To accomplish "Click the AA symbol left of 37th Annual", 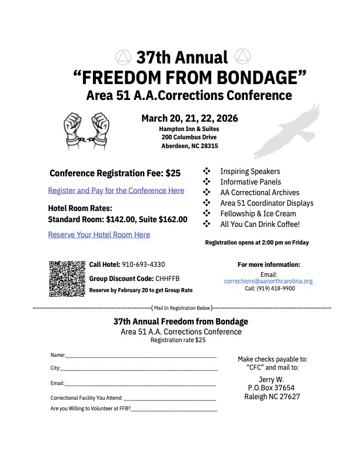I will [x=122, y=57].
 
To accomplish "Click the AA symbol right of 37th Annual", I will [x=241, y=56].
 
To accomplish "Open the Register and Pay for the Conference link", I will [x=116, y=190].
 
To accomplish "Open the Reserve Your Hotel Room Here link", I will [x=99, y=235].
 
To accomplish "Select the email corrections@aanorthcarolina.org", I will [x=268, y=282].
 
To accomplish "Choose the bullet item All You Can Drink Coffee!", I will [x=259, y=224].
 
